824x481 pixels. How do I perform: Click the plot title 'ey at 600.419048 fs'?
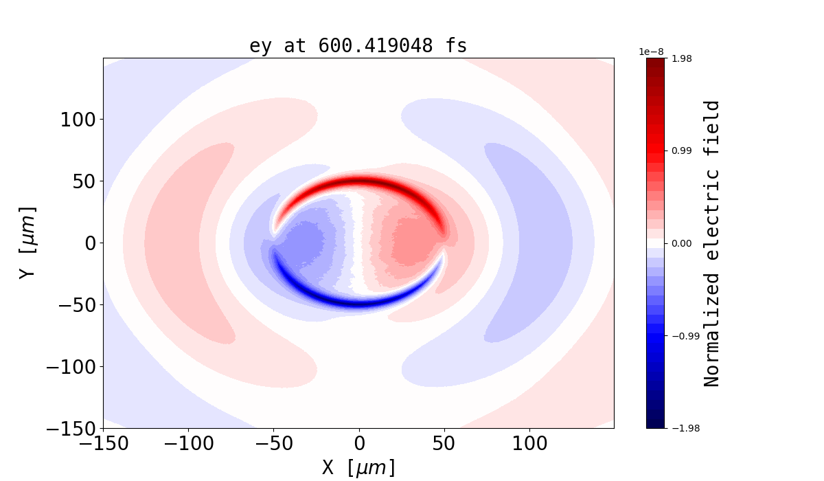[358, 46]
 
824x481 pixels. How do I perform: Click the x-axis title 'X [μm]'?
[358, 468]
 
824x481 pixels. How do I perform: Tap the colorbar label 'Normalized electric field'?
[712, 243]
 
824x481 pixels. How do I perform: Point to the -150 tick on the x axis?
[103, 443]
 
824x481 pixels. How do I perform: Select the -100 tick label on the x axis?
[188, 443]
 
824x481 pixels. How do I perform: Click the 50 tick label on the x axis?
[444, 443]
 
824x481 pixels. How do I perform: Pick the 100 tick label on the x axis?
[529, 443]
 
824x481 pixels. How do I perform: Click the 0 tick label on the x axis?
[358, 443]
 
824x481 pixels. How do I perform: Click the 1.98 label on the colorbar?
[681, 58]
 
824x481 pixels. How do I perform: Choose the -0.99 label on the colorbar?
[679, 336]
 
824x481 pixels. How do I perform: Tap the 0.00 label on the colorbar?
[681, 243]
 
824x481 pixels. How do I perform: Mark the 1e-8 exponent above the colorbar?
[652, 52]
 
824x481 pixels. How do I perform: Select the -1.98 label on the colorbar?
[679, 428]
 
